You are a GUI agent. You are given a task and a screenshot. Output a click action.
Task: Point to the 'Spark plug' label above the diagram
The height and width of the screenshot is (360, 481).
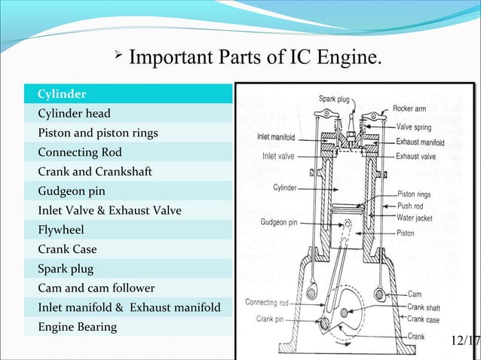pos(334,99)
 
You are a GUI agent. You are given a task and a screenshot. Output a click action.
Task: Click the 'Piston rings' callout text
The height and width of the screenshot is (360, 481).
pos(414,194)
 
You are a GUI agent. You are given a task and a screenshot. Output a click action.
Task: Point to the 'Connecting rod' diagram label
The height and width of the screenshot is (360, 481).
pos(267,303)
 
